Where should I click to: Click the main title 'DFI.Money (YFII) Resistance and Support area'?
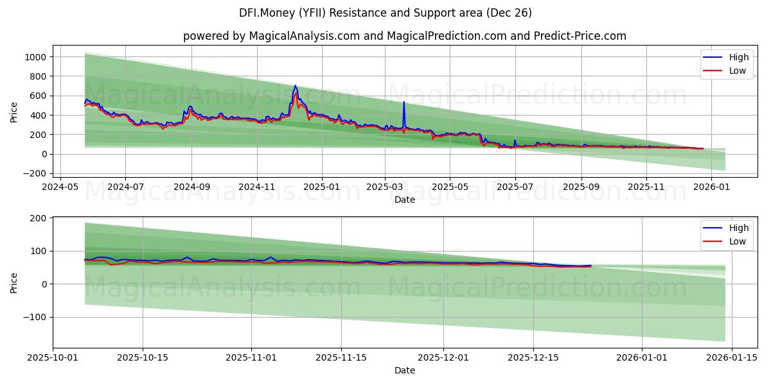[385, 13]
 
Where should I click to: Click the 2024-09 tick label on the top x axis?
[191, 187]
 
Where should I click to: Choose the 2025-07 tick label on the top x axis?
[515, 187]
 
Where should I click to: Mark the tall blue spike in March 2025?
[403, 103]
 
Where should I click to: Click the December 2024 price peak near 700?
[295, 86]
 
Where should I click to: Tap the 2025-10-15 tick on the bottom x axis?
[142, 357]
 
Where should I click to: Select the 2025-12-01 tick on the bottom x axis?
[443, 357]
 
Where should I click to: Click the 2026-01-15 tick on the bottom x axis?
[732, 357]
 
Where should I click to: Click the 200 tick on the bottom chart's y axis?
[37, 218]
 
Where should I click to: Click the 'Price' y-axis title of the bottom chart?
[14, 282]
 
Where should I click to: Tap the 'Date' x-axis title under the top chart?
[405, 200]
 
